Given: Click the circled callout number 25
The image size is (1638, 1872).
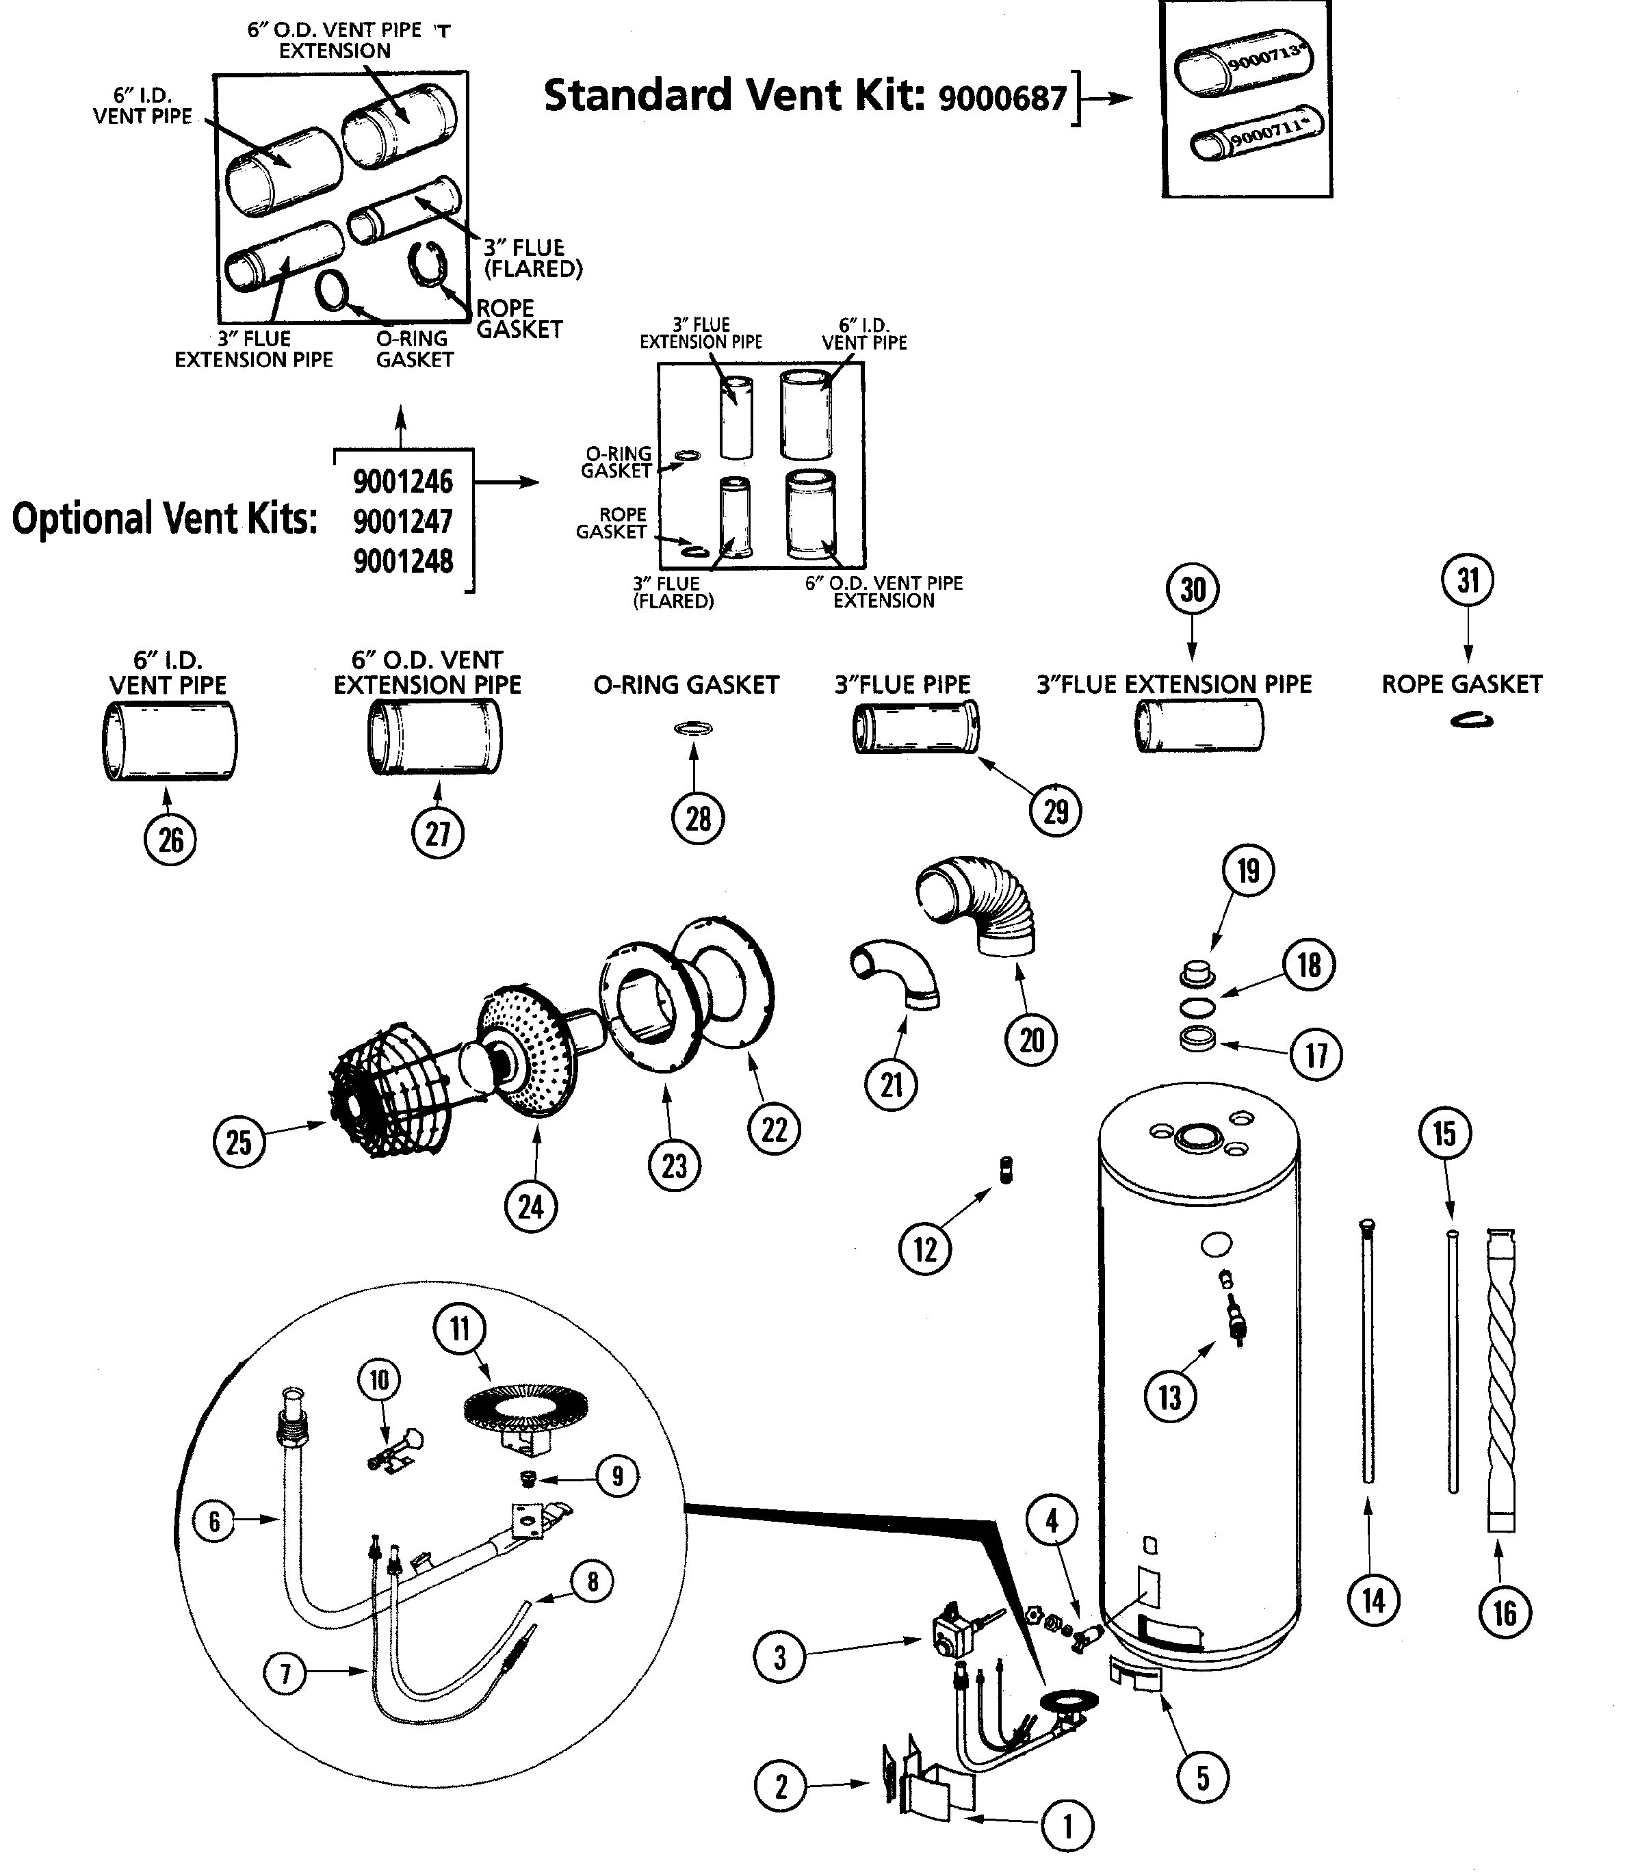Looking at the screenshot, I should point(239,1142).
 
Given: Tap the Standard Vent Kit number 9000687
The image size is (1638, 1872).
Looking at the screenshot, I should point(1003,98).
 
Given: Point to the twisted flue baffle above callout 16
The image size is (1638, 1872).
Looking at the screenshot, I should point(1502,1380).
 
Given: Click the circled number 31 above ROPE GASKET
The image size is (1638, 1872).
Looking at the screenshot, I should point(1467,580).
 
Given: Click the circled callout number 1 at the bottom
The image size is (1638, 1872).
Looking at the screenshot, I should point(1067,1825).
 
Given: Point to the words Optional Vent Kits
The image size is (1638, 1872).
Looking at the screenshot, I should point(164,519).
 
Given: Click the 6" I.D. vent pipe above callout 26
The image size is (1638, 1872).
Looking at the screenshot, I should point(169,740).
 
